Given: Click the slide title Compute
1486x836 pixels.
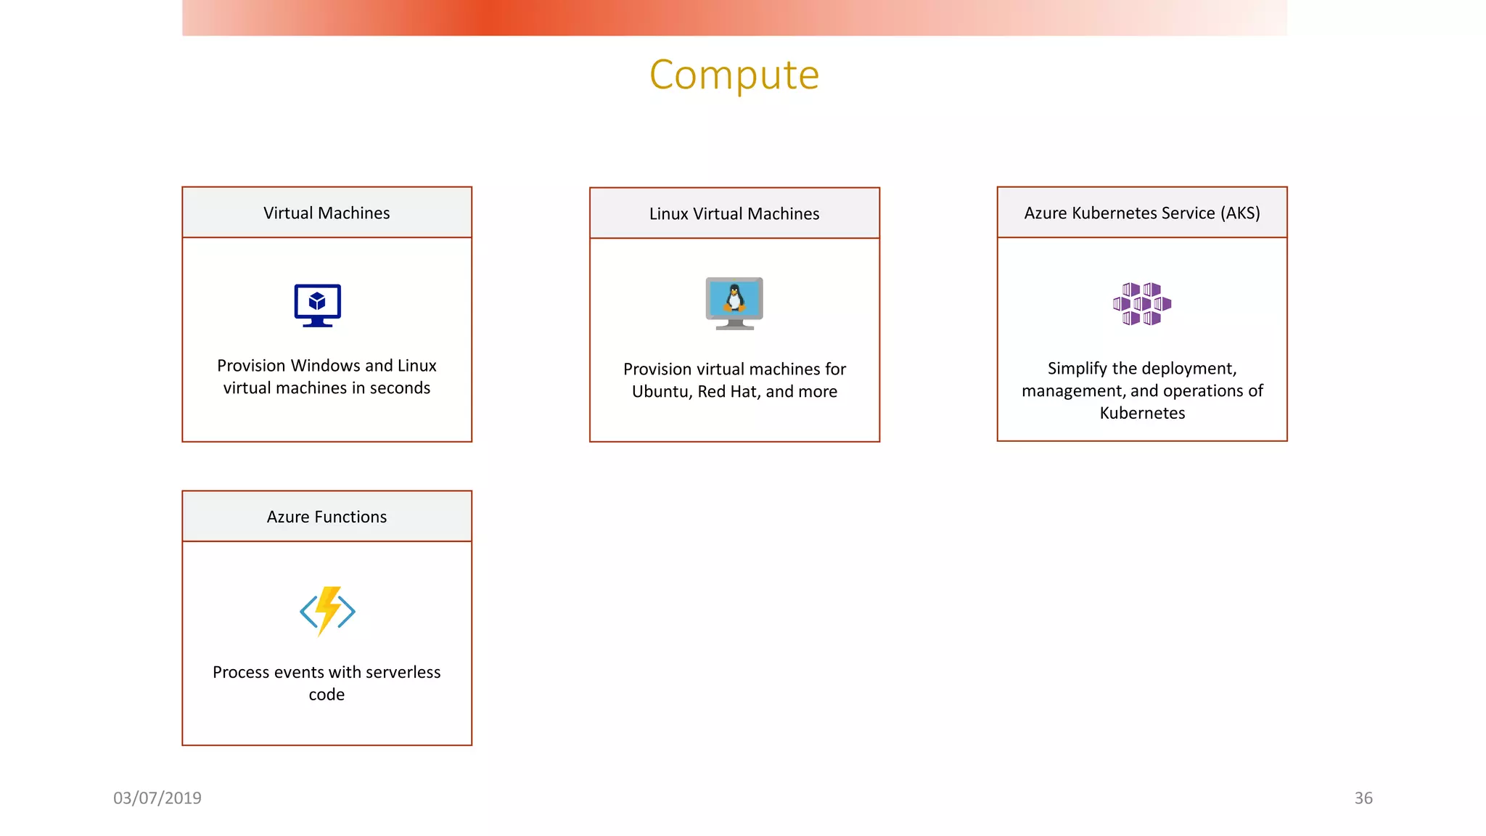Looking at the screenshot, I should point(734,75).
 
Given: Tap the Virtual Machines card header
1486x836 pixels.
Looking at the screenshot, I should point(327,213).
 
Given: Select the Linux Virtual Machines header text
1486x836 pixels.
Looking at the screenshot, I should point(734,213).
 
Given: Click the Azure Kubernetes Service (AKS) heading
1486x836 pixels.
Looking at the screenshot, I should point(1142,213).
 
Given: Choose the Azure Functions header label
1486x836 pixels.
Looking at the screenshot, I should point(327,517).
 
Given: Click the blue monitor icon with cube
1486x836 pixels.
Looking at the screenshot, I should point(318,304).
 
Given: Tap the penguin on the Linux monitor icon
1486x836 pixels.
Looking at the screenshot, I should point(734,298).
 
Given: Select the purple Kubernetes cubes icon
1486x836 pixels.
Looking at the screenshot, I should point(1142,303).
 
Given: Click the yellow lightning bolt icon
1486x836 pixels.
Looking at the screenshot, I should point(328,610).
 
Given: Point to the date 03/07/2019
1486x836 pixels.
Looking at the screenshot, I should point(157,798).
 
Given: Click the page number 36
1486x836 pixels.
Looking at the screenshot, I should point(1363,798).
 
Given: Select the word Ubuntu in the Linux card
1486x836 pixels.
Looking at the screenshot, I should point(660,392).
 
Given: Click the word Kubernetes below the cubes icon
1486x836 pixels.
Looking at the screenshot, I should point(1142,413).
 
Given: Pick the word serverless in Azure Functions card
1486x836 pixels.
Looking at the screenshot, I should point(403,673).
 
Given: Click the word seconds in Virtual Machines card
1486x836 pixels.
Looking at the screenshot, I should point(400,388).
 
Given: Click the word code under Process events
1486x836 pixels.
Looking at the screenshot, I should point(327,695).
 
